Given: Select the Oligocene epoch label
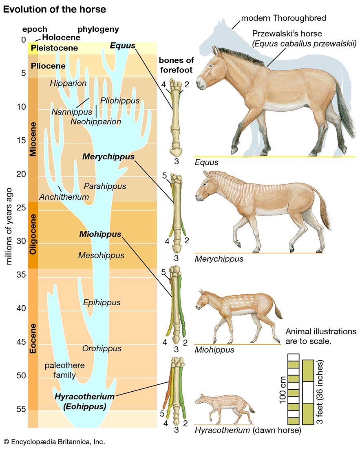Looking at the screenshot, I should [x=33, y=235].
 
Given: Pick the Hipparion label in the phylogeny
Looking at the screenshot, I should [x=68, y=83].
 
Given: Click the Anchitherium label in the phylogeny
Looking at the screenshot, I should [x=64, y=197].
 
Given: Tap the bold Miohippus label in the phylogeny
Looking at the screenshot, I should [x=101, y=234].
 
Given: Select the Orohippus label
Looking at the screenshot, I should [x=102, y=349].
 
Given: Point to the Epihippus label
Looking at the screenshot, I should [x=102, y=302].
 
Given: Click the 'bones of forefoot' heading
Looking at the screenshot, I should [x=175, y=65].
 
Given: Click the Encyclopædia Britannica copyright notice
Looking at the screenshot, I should [x=54, y=441].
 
